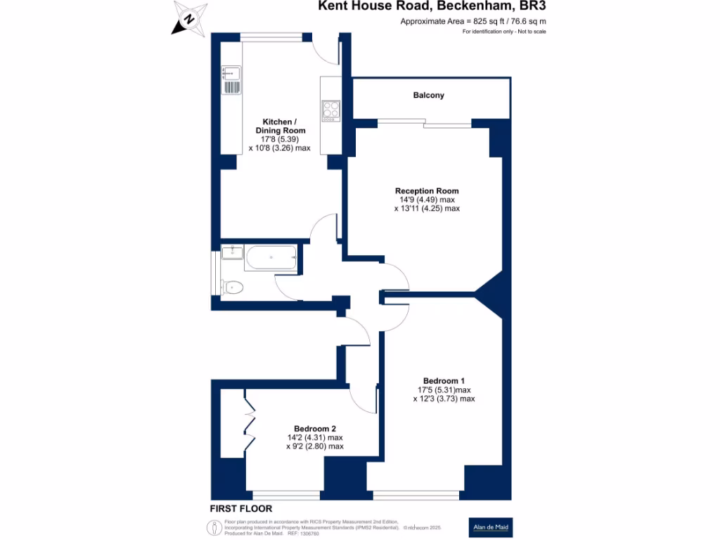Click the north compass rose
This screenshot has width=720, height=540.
click(188, 19)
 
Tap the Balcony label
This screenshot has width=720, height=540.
click(428, 95)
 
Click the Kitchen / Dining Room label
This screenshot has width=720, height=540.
click(279, 126)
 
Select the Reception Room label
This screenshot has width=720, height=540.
click(427, 191)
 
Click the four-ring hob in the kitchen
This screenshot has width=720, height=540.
click(330, 110)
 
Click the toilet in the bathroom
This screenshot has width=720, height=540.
click(232, 286)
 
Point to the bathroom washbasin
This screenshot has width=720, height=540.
click(232, 252)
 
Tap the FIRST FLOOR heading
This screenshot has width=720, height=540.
click(240, 508)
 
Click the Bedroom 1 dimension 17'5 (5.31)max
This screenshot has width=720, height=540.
click(444, 390)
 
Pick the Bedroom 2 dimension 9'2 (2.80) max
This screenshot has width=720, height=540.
click(315, 446)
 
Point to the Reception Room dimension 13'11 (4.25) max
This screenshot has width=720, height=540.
click(427, 208)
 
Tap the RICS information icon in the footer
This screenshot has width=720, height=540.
click(213, 527)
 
